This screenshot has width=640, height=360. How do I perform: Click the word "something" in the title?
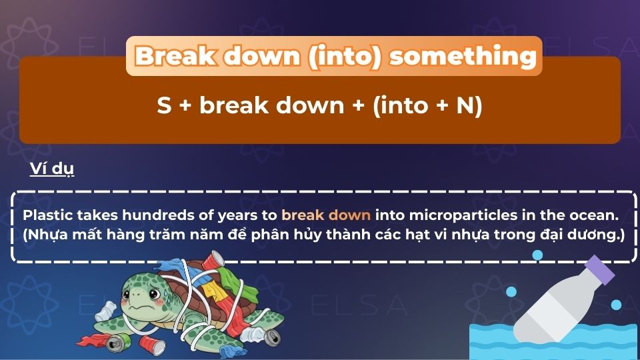pyautogui.click(x=463, y=56)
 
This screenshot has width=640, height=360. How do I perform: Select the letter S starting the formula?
pyautogui.click(x=164, y=106)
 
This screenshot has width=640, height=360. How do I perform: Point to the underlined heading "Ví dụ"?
pyautogui.click(x=52, y=169)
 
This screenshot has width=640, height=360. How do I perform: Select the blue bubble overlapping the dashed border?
pyautogui.click(x=537, y=255)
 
